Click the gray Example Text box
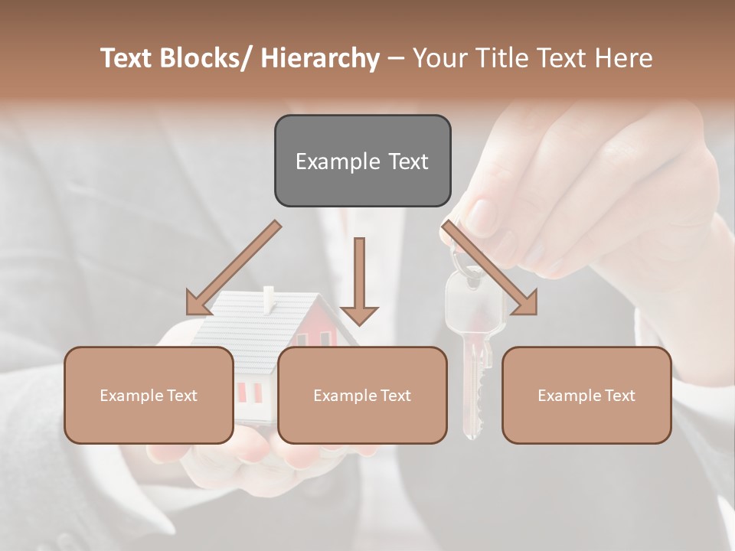click(x=362, y=161)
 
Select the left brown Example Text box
click(x=149, y=395)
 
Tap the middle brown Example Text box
click(x=362, y=395)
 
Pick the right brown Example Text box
click(x=586, y=395)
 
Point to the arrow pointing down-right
click(x=490, y=268)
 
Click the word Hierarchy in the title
click(x=320, y=58)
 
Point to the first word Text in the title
click(x=127, y=58)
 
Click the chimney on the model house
click(x=268, y=299)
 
